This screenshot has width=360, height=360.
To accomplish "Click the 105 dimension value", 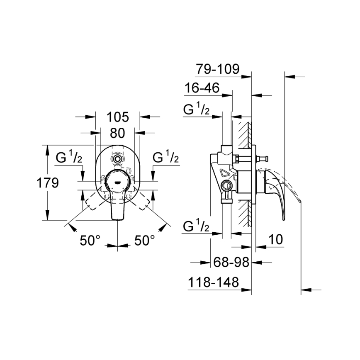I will pyautogui.click(x=118, y=117).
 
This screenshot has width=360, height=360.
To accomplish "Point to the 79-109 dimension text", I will pyautogui.click(x=218, y=69).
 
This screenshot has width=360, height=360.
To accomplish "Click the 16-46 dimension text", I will pyautogui.click(x=202, y=88).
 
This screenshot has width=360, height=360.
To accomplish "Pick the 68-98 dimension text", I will pyautogui.click(x=231, y=262).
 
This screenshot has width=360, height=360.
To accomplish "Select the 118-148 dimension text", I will pyautogui.click(x=214, y=282).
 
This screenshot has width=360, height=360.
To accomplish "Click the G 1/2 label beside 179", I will pyautogui.click(x=69, y=158).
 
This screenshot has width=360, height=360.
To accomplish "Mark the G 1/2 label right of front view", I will pyautogui.click(x=166, y=158).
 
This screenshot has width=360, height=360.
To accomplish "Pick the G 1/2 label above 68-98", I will pyautogui.click(x=196, y=227).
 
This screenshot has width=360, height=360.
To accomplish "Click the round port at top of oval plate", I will pyautogui.click(x=118, y=158).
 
